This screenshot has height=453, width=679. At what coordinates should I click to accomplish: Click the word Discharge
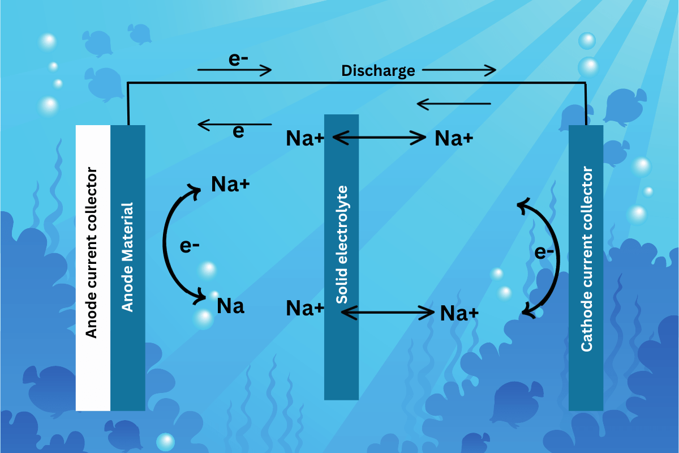[378, 71]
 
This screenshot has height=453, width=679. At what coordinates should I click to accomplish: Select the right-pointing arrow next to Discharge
[459, 70]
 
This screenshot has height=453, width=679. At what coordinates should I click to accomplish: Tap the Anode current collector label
[92, 253]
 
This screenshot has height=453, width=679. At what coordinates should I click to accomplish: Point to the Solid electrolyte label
[341, 244]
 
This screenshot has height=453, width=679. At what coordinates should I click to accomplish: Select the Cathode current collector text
[587, 259]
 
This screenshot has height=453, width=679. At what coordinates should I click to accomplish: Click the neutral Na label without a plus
[230, 306]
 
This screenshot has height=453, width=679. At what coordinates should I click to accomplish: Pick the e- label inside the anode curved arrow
[190, 246]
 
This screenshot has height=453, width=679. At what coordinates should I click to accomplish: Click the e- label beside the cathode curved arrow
[544, 253]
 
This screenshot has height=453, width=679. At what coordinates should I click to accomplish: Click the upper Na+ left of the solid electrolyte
[304, 139]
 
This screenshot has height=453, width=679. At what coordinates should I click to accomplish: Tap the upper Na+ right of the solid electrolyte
[453, 139]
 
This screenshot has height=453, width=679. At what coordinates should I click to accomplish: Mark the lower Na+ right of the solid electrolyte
[459, 313]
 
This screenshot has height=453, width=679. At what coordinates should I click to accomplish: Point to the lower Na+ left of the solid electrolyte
[304, 309]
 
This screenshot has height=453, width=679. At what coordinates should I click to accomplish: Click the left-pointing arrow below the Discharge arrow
[453, 104]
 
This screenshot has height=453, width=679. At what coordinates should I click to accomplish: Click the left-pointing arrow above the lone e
[234, 124]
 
